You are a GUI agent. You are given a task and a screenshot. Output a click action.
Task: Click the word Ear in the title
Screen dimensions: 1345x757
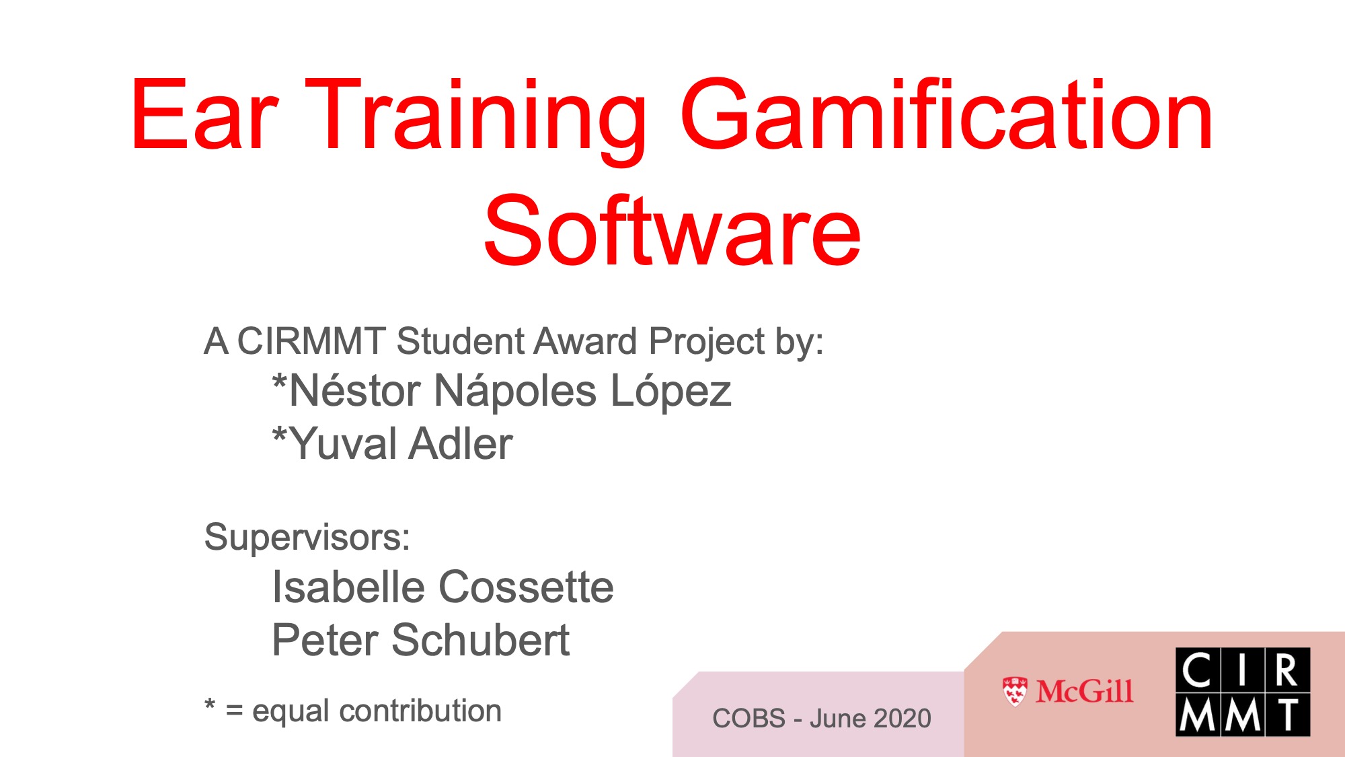click(x=204, y=114)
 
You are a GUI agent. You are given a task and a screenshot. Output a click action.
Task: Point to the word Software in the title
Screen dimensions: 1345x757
click(x=672, y=230)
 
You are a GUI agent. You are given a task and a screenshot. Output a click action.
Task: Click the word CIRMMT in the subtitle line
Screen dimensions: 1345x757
click(x=311, y=341)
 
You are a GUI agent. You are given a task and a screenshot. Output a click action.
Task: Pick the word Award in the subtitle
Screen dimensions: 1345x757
click(x=585, y=341)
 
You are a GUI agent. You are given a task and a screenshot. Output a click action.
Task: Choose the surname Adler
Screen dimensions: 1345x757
click(x=461, y=444)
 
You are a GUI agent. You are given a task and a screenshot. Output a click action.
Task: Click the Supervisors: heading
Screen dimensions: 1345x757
click(x=307, y=538)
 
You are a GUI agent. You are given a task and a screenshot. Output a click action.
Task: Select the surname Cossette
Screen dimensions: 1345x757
click(x=526, y=587)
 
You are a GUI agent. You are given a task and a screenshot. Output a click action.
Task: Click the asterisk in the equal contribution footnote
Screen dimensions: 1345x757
click(x=210, y=705)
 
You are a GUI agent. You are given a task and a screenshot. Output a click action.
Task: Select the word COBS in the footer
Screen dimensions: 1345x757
click(x=748, y=719)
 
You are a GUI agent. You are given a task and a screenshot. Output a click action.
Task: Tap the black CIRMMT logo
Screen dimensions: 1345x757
click(x=1243, y=692)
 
